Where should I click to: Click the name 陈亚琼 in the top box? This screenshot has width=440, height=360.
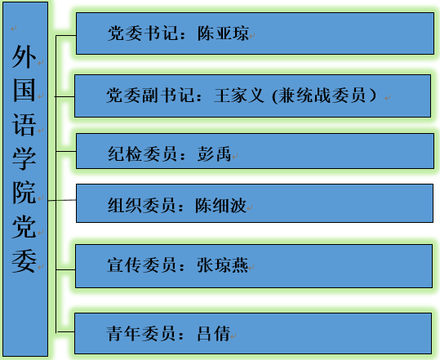(223, 33)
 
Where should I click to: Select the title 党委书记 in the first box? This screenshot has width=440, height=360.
(144, 33)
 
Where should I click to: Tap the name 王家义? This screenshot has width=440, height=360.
(239, 96)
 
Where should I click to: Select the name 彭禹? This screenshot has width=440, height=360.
(214, 153)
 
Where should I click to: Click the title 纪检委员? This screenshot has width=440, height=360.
(143, 153)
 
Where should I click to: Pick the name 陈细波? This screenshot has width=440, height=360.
(221, 205)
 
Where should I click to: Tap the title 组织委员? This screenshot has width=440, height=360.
(142, 205)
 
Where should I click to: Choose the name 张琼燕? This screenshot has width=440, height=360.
(222, 264)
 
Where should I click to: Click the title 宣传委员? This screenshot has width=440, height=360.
(142, 264)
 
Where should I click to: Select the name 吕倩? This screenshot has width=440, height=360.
(214, 333)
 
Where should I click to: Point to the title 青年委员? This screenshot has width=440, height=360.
(141, 333)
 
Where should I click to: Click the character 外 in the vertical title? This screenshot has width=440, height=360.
(24, 56)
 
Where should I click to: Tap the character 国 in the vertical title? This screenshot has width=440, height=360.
(24, 91)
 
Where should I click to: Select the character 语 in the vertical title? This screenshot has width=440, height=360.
(24, 125)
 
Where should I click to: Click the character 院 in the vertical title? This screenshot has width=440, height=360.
(24, 193)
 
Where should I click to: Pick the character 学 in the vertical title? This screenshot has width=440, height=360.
(24, 158)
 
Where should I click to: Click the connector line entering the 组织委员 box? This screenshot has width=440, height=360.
(62, 200)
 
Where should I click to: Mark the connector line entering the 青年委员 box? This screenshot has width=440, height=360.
(65, 332)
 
